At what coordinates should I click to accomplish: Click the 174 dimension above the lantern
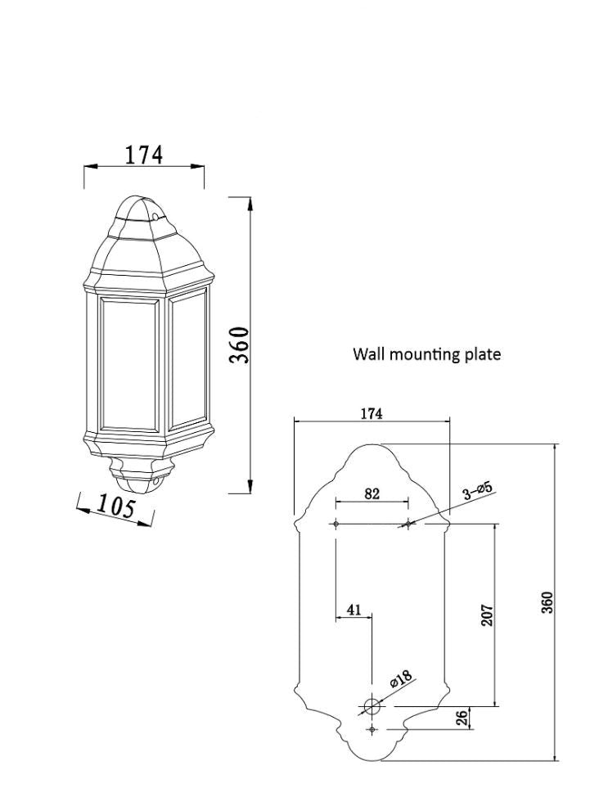coord(144,154)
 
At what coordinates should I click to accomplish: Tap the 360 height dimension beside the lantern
coord(238,346)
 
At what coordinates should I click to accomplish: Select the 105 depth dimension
coord(115,507)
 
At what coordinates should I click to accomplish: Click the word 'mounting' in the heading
coord(426,354)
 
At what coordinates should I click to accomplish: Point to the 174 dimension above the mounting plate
coord(372,414)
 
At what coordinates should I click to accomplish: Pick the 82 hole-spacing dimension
coord(372,493)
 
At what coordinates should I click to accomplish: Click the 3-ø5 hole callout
coord(477,491)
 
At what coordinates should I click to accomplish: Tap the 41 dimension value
coord(354,610)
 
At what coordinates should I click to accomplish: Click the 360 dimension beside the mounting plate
coord(547,602)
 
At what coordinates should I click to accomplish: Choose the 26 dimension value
coord(462,718)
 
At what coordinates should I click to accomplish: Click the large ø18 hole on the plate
coord(372,705)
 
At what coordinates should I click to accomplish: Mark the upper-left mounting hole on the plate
coord(336,524)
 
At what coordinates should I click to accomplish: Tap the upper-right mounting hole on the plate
coord(408,524)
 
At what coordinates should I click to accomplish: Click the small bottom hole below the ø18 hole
coord(372,728)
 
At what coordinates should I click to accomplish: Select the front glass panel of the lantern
coord(128,364)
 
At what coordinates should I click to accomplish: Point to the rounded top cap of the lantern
coord(138,208)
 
